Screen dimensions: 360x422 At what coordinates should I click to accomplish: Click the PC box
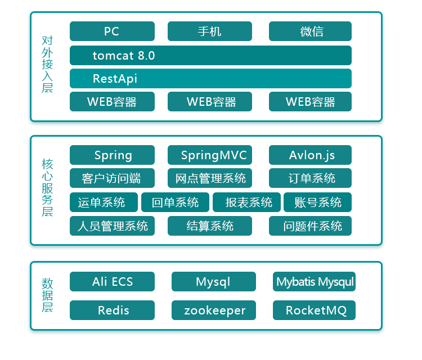tap(112, 31)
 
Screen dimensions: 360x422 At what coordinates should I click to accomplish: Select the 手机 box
tap(210, 31)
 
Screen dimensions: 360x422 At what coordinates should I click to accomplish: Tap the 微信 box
tap(310, 31)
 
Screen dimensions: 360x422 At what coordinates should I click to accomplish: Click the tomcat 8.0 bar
tap(210, 56)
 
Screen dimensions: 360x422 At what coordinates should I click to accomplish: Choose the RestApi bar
tap(210, 79)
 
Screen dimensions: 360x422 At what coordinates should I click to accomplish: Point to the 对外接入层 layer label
tap(47, 65)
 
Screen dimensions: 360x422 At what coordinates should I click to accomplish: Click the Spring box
tap(112, 155)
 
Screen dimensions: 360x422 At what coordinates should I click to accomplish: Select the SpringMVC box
tap(210, 155)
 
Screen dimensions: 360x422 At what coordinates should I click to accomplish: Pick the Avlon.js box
tap(310, 155)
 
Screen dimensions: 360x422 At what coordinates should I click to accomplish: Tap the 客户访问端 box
tap(112, 178)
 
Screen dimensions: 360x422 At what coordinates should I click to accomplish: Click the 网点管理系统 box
tap(210, 178)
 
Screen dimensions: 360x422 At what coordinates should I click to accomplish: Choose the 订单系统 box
tap(310, 178)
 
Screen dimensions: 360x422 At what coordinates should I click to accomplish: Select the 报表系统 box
tap(247, 202)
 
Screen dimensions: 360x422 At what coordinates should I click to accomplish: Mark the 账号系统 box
tap(318, 202)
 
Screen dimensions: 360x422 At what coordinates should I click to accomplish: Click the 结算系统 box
tap(210, 226)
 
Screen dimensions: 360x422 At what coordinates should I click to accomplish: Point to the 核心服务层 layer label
tap(47, 188)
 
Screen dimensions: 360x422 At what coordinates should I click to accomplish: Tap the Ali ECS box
tap(112, 282)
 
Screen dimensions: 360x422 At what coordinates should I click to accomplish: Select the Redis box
tap(112, 310)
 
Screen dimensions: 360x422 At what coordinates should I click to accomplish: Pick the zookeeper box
tap(214, 310)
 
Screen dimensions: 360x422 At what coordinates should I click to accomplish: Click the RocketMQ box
tap(314, 310)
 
